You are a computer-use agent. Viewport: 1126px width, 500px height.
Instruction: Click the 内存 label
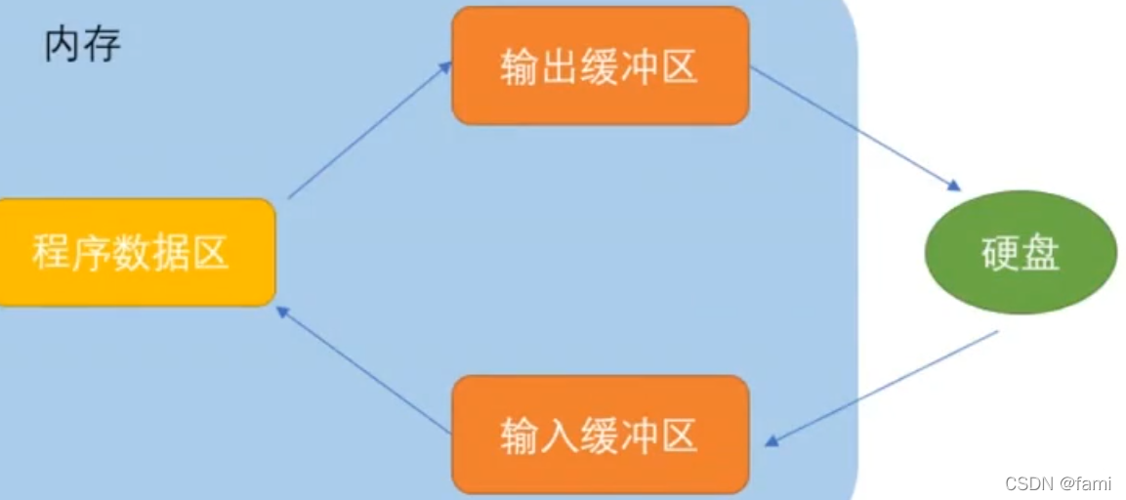pyautogui.click(x=83, y=44)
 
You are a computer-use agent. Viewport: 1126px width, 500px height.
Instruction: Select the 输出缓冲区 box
pyautogui.click(x=600, y=66)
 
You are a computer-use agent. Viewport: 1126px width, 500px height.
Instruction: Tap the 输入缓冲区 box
pyautogui.click(x=600, y=435)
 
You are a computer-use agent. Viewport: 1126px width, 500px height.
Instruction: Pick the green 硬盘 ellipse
pyautogui.click(x=1021, y=253)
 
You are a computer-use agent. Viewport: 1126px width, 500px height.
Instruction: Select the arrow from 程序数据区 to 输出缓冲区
pyautogui.click(x=369, y=130)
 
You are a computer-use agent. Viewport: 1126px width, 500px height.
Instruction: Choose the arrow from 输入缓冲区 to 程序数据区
pyautogui.click(x=363, y=370)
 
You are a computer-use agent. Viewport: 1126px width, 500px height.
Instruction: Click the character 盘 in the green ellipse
pyautogui.click(x=1041, y=253)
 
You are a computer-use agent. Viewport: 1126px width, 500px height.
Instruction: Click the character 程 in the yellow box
pyautogui.click(x=51, y=252)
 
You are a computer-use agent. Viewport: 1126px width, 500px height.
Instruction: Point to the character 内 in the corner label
pyautogui.click(x=63, y=44)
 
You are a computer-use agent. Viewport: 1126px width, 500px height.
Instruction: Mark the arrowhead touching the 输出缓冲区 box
pyautogui.click(x=445, y=67)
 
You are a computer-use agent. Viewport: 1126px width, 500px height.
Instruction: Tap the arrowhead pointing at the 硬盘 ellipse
pyautogui.click(x=954, y=186)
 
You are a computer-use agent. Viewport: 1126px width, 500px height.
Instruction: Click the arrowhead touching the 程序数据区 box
pyautogui.click(x=283, y=312)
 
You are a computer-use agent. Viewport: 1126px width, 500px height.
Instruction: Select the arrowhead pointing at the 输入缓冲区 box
pyautogui.click(x=772, y=441)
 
